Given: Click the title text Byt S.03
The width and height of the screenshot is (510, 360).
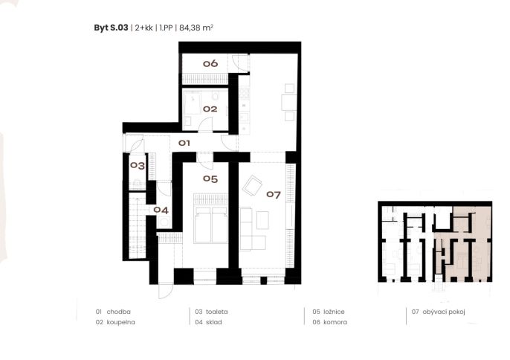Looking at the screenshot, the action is tap(111, 28).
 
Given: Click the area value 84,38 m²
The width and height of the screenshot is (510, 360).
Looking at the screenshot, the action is tap(196, 28).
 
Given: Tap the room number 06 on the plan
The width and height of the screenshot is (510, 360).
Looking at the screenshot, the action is tap(210, 63).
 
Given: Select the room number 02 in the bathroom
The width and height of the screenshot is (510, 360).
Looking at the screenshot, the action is tap(210, 109).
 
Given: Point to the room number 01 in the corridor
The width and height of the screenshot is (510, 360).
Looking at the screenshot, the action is tap(184, 143).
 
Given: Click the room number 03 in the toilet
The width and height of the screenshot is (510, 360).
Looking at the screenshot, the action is tap(138, 166).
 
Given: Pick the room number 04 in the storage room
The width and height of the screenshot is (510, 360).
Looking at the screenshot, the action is tap(161, 210).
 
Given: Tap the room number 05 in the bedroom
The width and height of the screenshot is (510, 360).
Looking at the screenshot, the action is tap(210, 179).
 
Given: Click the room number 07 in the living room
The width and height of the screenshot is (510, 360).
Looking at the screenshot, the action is tap(274, 195).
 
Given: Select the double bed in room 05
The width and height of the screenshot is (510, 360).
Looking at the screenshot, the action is tap(210, 219).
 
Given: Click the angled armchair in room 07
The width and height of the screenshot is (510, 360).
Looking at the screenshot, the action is tap(252, 186).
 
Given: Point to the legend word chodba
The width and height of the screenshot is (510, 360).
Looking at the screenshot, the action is tap(119, 312).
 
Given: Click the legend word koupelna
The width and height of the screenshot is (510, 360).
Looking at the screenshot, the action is tap(120, 322).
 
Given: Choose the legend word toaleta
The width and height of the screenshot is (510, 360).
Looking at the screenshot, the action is tap(216, 312).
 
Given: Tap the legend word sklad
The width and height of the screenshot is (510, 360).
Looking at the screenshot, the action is tap(213, 322).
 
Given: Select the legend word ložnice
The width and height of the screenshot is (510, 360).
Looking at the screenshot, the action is tap(334, 312).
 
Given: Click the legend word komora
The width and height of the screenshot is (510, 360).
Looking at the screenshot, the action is tap(335, 322).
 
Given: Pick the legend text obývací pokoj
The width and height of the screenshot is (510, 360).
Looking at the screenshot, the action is tap(444, 312).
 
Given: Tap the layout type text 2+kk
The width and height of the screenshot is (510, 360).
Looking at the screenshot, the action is tap(143, 28).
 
